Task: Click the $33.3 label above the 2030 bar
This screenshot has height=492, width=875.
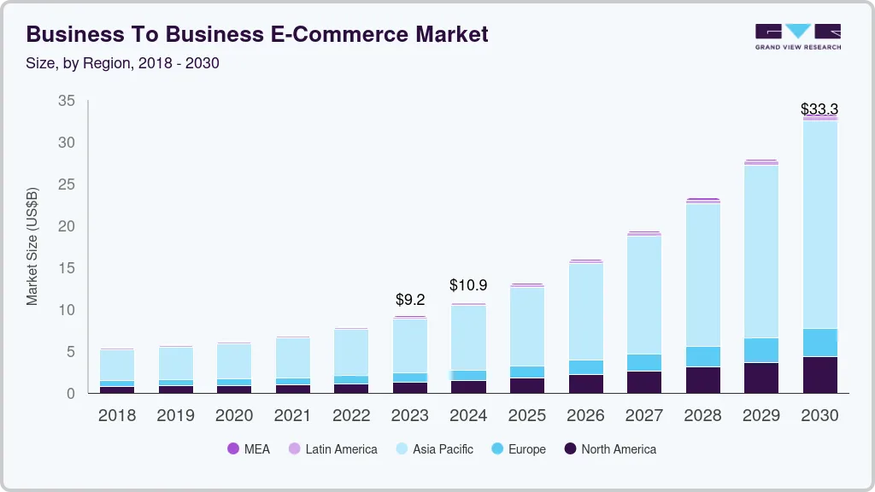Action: (819, 109)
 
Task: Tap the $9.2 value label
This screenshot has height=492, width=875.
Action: (410, 300)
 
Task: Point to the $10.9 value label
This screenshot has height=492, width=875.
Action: (468, 285)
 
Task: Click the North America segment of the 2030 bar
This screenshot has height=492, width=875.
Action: (819, 375)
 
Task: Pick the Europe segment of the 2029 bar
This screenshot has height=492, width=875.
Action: (760, 350)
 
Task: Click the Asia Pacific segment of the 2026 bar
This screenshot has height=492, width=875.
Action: (585, 312)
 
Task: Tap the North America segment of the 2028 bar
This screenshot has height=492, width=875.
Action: (702, 380)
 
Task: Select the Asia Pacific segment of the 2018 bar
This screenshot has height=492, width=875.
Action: (117, 365)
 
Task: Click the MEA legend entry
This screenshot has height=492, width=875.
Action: (249, 448)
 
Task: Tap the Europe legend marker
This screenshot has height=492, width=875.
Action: (496, 448)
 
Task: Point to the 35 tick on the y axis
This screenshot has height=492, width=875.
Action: (67, 101)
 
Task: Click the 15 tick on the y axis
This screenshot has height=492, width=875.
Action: (67, 268)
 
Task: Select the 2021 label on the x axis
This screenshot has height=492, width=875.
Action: (293, 416)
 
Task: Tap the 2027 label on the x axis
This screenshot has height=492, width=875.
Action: (643, 416)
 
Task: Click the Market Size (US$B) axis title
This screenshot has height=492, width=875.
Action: (32, 247)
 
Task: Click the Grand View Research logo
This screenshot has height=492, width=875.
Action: (797, 37)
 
